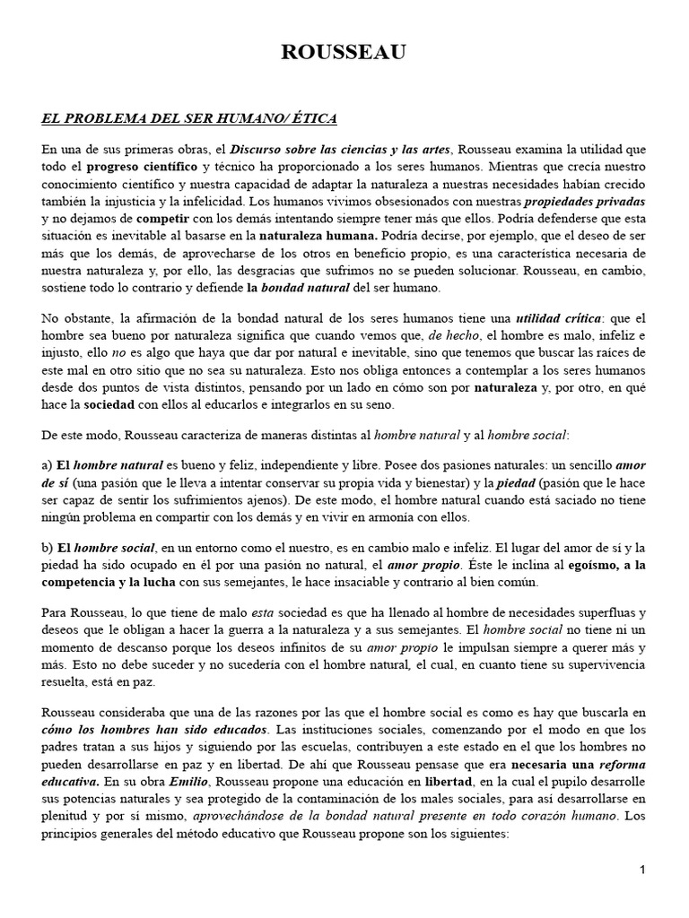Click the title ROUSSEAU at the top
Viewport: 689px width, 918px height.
pos(344,55)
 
